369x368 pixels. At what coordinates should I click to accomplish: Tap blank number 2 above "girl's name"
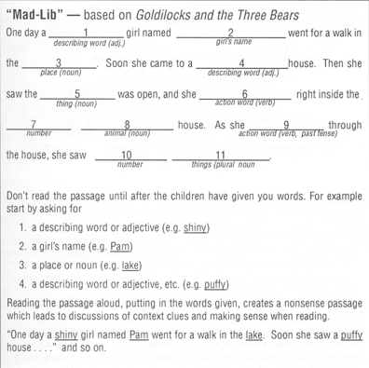[x=230, y=34]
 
